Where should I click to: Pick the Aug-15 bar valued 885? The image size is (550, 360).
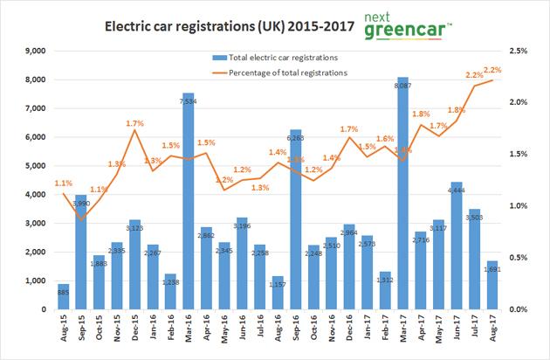point(64,297)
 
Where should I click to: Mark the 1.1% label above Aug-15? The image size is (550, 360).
point(64,183)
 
